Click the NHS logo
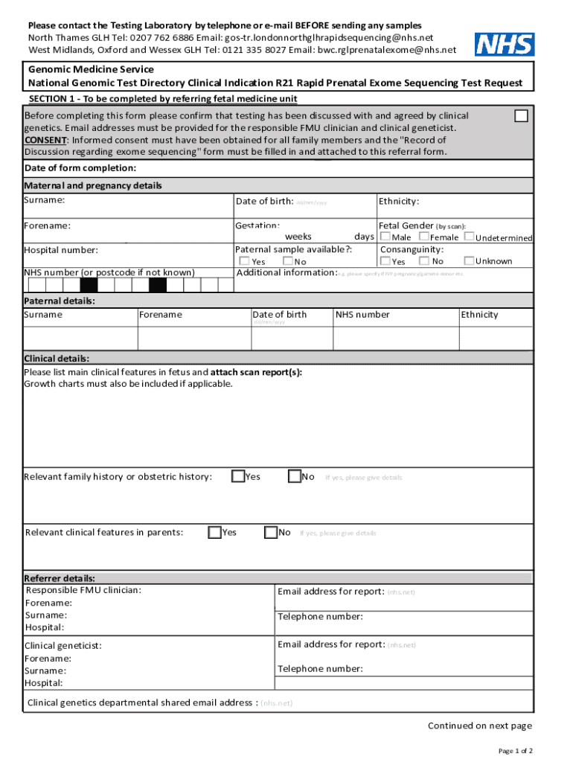click(505, 45)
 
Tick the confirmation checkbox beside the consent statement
click(522, 116)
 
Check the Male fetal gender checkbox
click(385, 237)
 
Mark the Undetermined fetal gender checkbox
click(469, 237)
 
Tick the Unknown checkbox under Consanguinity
click(469, 260)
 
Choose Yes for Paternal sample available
click(244, 261)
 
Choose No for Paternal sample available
click(288, 261)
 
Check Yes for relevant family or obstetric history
click(238, 476)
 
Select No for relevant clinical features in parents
click(271, 532)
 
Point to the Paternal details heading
click(60, 301)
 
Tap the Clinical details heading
click(57, 358)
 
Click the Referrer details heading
click(60, 577)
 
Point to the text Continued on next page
click(479, 726)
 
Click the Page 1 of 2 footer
click(515, 750)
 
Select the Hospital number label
click(61, 250)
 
